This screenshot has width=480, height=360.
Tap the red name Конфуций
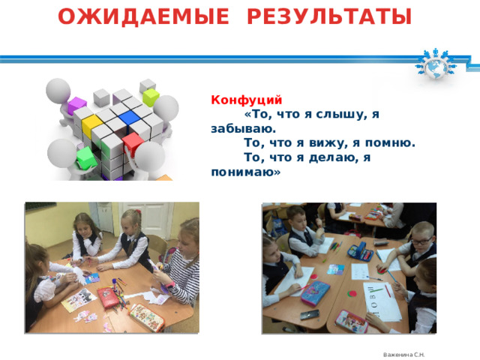[x=247, y=99]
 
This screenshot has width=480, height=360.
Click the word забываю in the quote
[x=239, y=128]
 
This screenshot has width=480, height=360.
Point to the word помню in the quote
[x=391, y=142]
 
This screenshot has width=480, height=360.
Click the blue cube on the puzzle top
[x=129, y=116]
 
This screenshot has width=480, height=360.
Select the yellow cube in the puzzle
[x=91, y=122]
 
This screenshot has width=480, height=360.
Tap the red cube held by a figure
[x=133, y=142]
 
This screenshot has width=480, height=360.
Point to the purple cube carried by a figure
[x=76, y=106]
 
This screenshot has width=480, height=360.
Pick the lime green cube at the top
[x=151, y=95]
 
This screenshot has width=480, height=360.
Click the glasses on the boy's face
[x=421, y=241]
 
